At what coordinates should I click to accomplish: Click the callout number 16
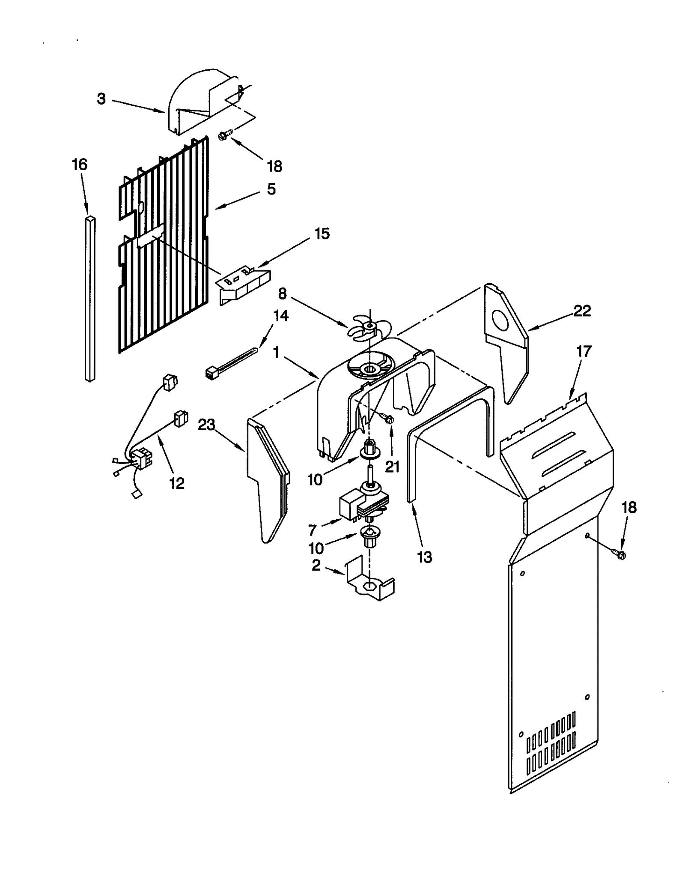click(x=80, y=165)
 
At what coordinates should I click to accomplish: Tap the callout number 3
click(x=101, y=99)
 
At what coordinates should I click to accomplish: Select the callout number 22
click(x=582, y=311)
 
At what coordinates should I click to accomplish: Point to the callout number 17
click(x=583, y=351)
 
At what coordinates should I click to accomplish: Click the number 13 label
click(x=424, y=557)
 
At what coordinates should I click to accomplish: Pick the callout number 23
click(x=206, y=425)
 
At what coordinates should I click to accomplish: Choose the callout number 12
click(x=177, y=483)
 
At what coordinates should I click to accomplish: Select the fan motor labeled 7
click(x=362, y=506)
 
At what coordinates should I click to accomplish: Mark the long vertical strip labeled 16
click(x=90, y=300)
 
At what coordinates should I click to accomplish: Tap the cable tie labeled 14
click(x=231, y=362)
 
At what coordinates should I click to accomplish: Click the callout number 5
click(x=271, y=189)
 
